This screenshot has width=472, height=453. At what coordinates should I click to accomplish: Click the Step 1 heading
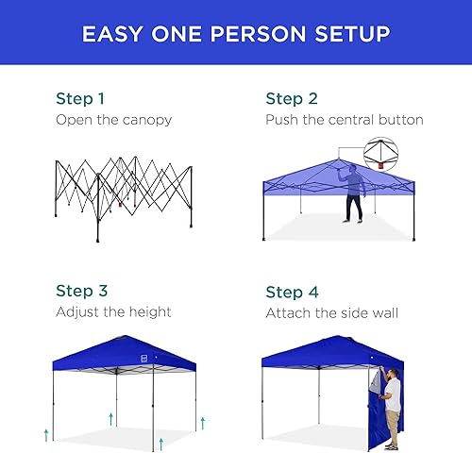click(x=79, y=98)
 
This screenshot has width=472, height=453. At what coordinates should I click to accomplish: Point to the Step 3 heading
click(x=79, y=292)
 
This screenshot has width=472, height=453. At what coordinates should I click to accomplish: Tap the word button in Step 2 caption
click(x=399, y=120)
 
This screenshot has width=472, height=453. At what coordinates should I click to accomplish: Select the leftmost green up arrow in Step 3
click(x=45, y=433)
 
